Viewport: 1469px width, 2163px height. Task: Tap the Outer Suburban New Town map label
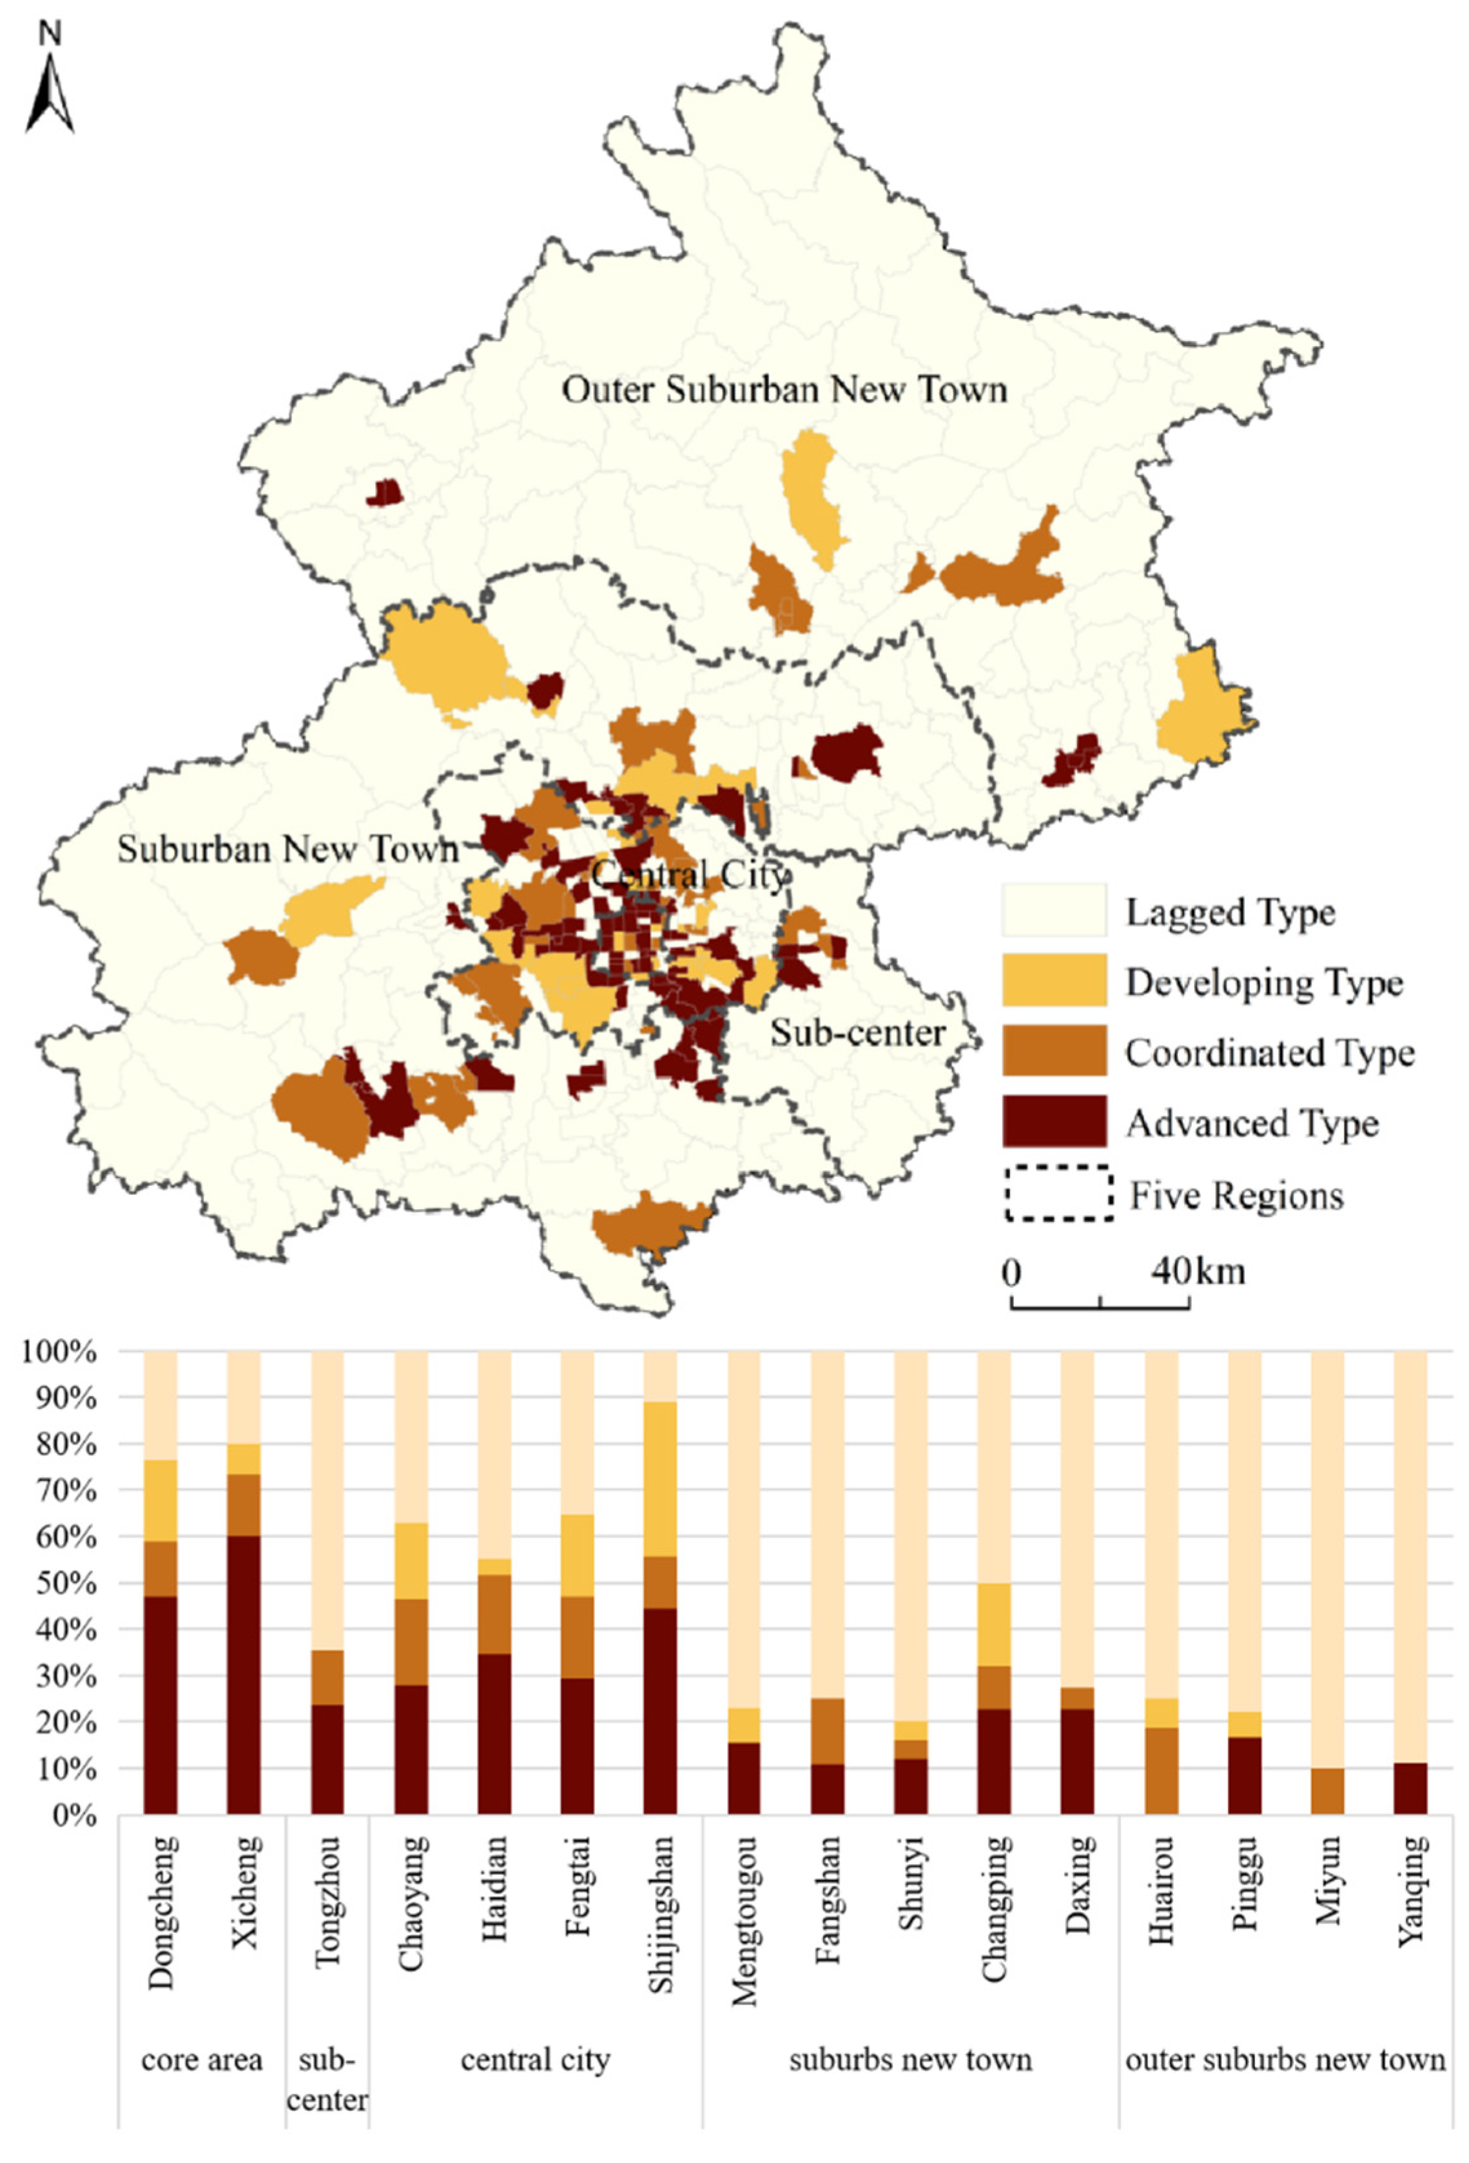784,390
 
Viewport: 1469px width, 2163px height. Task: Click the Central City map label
689,875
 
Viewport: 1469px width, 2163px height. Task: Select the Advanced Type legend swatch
1054,1121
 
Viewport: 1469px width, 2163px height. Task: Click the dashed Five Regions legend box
1058,1193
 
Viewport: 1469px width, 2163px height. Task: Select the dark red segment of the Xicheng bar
244,1675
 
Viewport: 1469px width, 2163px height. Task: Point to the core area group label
201,2061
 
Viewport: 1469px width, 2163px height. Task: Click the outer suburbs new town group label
1285,2061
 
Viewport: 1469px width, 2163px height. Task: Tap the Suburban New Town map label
287,849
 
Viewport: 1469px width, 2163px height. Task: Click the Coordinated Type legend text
1269,1052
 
